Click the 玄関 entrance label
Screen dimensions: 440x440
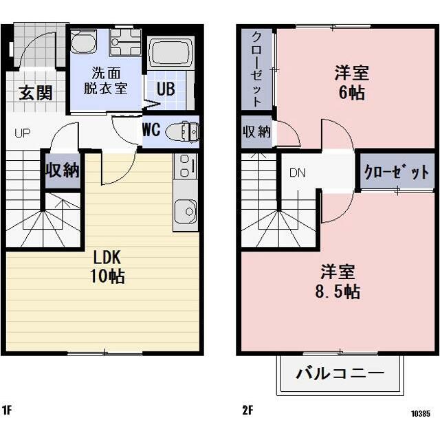click(x=36, y=93)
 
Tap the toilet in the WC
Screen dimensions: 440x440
click(x=182, y=131)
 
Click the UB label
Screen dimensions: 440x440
click(x=166, y=89)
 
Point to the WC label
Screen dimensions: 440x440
click(x=151, y=130)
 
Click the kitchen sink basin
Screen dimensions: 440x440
click(x=186, y=211)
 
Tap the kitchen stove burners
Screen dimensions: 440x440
click(x=185, y=166)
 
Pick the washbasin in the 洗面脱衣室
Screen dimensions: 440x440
click(x=83, y=42)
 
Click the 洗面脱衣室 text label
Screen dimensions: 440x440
click(x=106, y=81)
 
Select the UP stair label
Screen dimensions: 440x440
click(x=23, y=133)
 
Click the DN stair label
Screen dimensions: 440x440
click(x=298, y=173)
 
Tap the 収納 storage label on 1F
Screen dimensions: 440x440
click(x=63, y=170)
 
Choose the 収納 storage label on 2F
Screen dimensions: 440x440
click(x=256, y=131)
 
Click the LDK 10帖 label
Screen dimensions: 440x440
click(x=107, y=267)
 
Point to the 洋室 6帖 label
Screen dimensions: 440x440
click(x=352, y=82)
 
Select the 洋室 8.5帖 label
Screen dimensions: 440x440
click(x=338, y=282)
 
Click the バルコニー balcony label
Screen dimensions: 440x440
click(x=340, y=373)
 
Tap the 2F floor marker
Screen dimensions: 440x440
click(x=247, y=410)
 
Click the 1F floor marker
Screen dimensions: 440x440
click(x=7, y=410)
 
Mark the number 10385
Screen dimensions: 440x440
click(x=421, y=414)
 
